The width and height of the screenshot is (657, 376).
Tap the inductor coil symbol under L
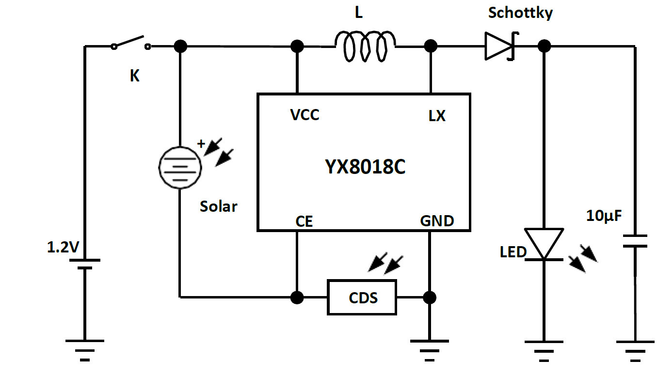tap(365, 47)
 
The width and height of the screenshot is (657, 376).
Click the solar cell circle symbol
tap(179, 167)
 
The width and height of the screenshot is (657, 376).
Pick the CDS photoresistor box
tap(362, 297)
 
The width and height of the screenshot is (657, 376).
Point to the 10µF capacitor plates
tap(634, 241)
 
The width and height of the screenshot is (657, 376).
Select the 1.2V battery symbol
tap(85, 264)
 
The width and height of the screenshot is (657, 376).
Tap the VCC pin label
tap(304, 115)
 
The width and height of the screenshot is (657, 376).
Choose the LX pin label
tap(437, 116)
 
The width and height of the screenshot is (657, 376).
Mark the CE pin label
tap(304, 222)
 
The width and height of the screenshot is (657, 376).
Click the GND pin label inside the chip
tap(437, 221)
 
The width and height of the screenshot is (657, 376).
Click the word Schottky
tap(520, 13)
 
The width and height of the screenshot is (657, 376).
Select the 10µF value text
tap(603, 216)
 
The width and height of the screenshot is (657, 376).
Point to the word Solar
tap(218, 206)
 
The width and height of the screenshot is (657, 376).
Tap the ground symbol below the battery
tap(85, 349)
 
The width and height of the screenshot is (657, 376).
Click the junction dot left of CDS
tap(297, 297)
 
